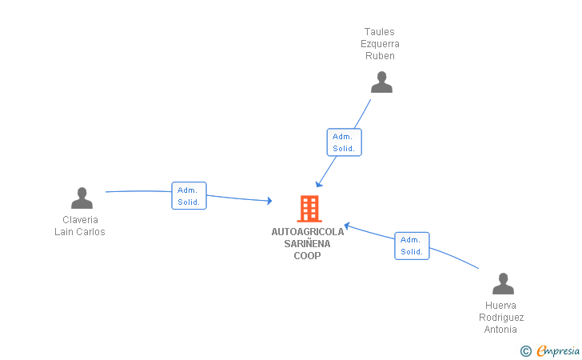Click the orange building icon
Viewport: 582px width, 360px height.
pyautogui.click(x=309, y=209)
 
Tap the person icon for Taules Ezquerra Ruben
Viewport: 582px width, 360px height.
pyautogui.click(x=381, y=82)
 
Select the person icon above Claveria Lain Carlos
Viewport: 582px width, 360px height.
pyautogui.click(x=82, y=198)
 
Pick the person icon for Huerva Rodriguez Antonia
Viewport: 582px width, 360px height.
pyautogui.click(x=502, y=284)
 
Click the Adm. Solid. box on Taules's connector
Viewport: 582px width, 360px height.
pyautogui.click(x=344, y=142)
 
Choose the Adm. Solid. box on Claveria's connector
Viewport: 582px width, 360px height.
pyautogui.click(x=189, y=196)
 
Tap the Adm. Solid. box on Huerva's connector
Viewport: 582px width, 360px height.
pyautogui.click(x=412, y=246)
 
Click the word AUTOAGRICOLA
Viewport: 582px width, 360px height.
pyautogui.click(x=308, y=232)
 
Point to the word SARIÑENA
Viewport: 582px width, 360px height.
pyautogui.click(x=308, y=244)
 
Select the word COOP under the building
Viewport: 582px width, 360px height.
pyautogui.click(x=308, y=256)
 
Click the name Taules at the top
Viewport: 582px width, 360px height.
pyautogui.click(x=380, y=32)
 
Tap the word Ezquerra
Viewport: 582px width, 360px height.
pyautogui.click(x=380, y=44)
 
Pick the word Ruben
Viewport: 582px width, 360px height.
pyautogui.click(x=380, y=56)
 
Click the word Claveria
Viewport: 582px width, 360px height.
pyautogui.click(x=81, y=220)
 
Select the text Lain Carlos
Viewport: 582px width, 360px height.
pyautogui.click(x=80, y=232)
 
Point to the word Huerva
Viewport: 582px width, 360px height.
pyautogui.click(x=501, y=306)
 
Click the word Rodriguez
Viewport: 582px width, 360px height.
pyautogui.click(x=501, y=318)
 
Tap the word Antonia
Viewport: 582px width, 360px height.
pyautogui.click(x=501, y=330)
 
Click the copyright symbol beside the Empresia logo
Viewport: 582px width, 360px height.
pyautogui.click(x=525, y=350)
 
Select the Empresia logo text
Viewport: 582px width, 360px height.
pyautogui.click(x=557, y=350)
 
